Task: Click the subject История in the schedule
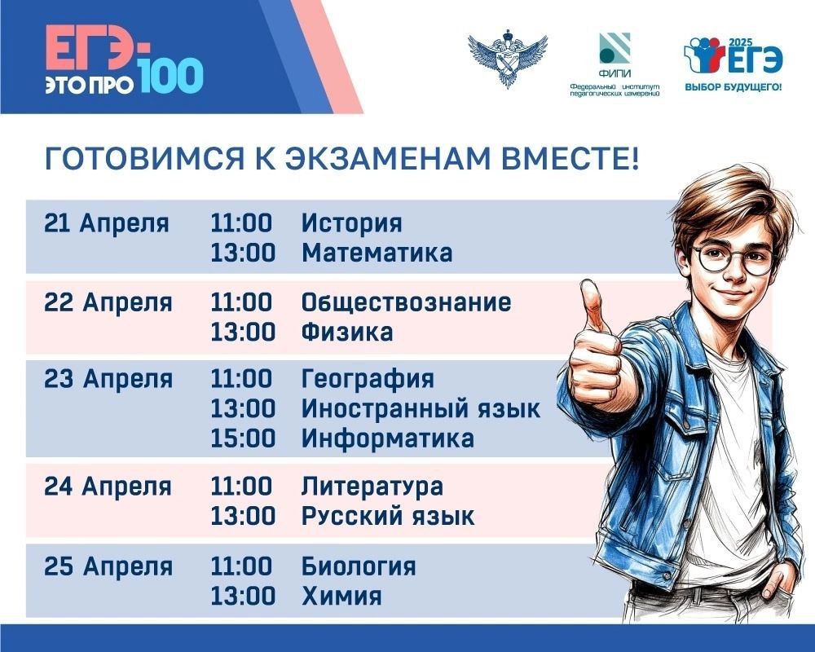click(351, 223)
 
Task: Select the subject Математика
click(377, 253)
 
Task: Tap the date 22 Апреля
click(108, 303)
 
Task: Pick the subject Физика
click(347, 333)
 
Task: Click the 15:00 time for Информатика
click(243, 438)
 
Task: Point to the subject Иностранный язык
click(421, 408)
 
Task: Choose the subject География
click(368, 379)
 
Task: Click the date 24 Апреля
click(108, 487)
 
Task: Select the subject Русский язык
click(388, 516)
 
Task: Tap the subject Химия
click(341, 596)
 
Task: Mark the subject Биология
click(359, 566)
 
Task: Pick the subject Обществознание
click(406, 303)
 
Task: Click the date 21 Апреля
click(107, 223)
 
